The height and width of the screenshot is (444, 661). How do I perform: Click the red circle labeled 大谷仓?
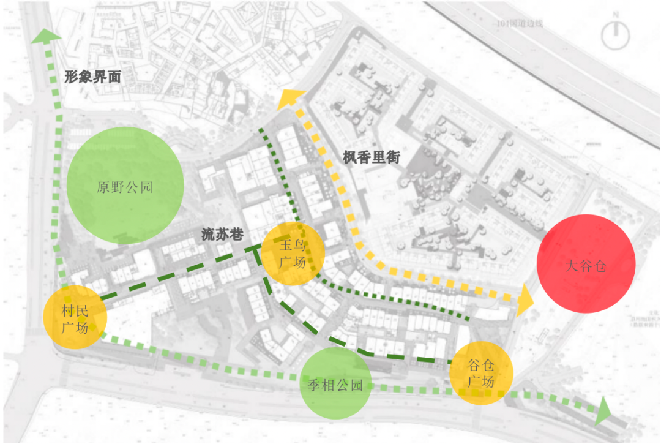[586, 263]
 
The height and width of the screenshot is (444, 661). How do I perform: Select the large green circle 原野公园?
[125, 184]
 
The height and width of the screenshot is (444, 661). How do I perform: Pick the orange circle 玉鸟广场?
[293, 254]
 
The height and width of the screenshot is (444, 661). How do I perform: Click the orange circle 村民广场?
[75, 318]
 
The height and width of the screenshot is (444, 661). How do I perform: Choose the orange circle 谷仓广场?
[480, 373]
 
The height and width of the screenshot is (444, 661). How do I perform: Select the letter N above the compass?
[615, 14]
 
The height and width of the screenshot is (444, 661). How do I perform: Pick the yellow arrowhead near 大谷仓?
[524, 300]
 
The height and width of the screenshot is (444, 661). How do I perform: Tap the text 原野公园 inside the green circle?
[125, 187]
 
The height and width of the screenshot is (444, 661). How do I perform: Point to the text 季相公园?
[335, 385]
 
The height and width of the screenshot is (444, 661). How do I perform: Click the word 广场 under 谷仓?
[481, 382]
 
